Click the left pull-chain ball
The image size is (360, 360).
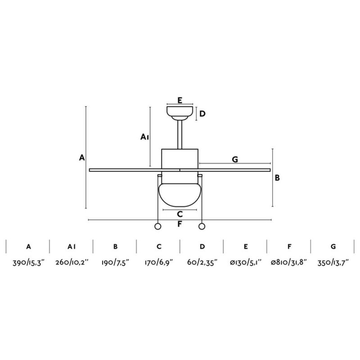tap(158, 226)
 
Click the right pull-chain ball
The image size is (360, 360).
tap(202, 226)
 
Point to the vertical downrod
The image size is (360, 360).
tap(180, 135)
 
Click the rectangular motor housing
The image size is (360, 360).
tap(180, 159)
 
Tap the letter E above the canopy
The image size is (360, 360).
tap(180, 100)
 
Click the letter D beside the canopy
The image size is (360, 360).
tap(202, 114)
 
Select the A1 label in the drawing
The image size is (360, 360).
tap(144, 137)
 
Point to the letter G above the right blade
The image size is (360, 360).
tap(235, 159)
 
